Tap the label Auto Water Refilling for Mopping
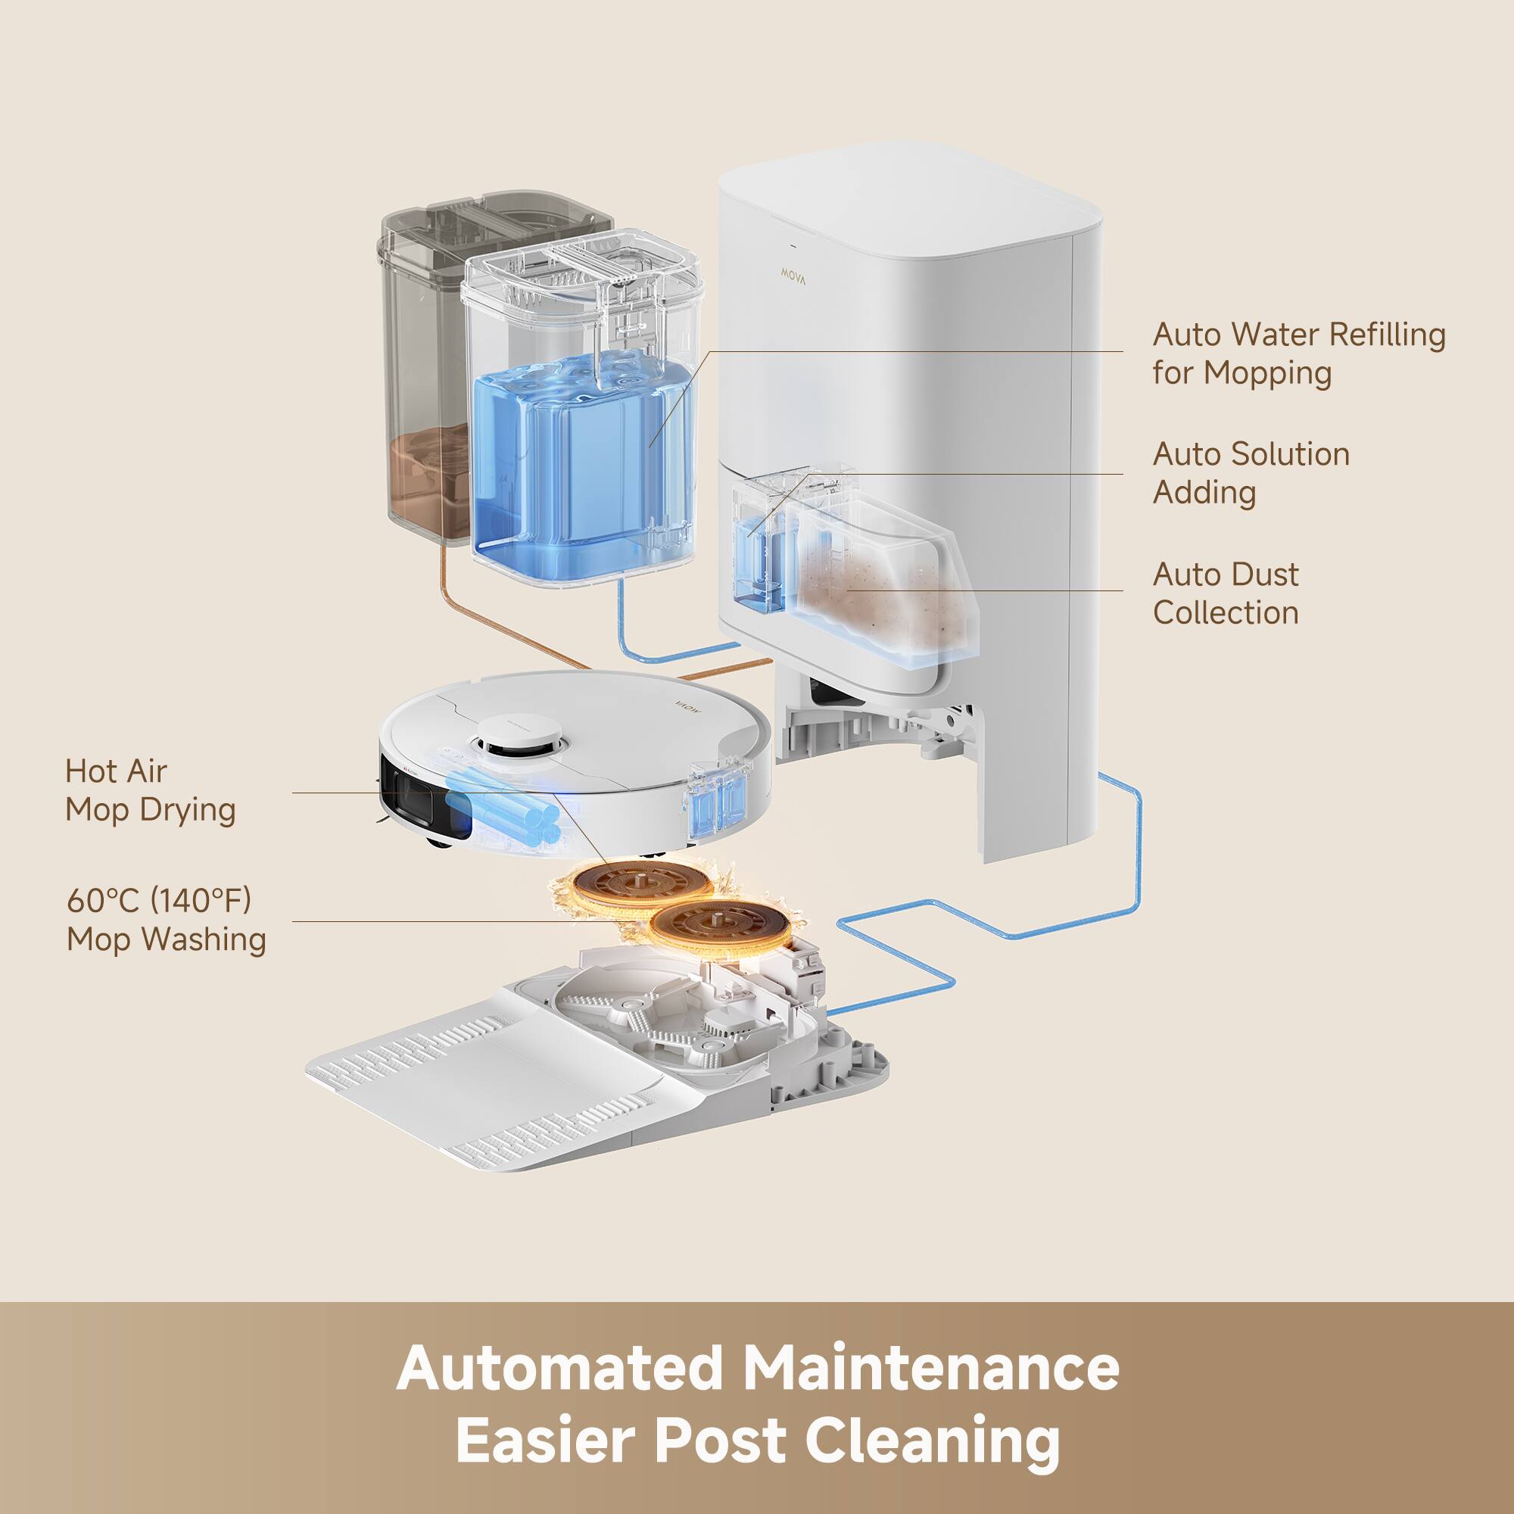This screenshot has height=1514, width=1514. pos(1297,354)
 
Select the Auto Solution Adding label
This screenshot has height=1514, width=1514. pos(1251,473)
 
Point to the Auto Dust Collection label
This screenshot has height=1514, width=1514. pos(1226,593)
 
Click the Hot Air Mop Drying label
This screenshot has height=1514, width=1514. pos(151,790)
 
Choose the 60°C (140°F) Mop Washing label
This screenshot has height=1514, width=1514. pos(165,919)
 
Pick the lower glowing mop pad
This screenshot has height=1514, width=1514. pos(717,927)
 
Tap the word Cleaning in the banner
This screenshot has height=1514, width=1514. pos(932,1441)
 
